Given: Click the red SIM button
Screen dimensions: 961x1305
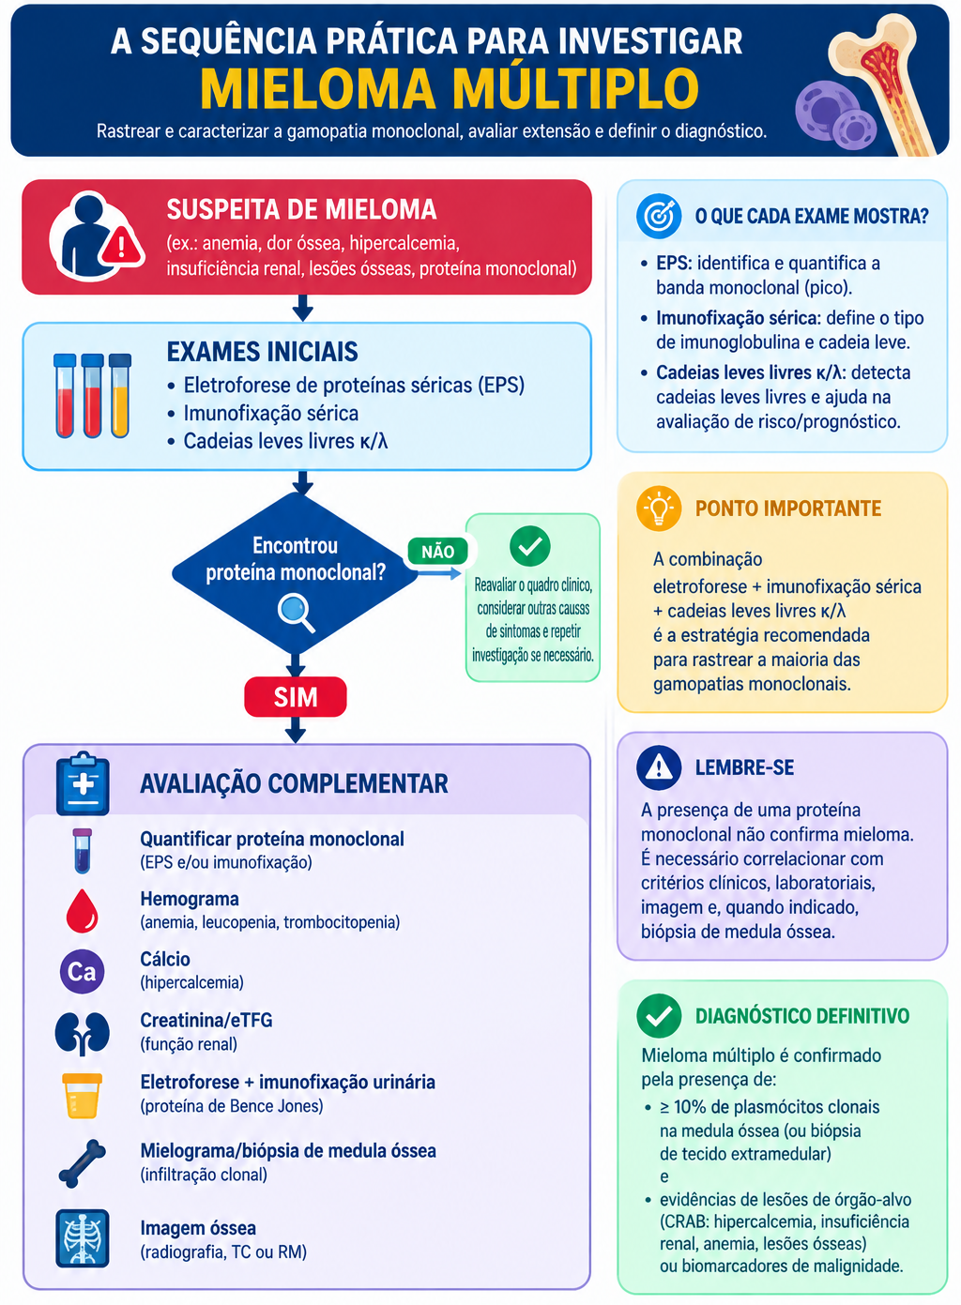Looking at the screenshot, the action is coord(296,697).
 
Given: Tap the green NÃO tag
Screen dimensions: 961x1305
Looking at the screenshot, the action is coord(437,551).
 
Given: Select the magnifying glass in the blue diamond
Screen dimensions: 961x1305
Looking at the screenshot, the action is coord(297,612).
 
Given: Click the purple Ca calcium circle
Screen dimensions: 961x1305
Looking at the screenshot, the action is coord(83,971).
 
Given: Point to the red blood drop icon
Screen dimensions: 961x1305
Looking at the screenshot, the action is coord(83,911).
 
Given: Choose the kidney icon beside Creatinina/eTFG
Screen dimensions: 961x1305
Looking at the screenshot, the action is coord(83,1034).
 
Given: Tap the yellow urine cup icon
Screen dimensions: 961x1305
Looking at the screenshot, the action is coord(83,1096).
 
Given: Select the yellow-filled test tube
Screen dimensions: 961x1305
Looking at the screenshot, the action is coord(119,396).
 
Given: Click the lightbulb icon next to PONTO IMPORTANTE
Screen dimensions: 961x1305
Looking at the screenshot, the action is coord(659,508).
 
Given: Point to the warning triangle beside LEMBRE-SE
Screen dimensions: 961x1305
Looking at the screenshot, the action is coord(659,767).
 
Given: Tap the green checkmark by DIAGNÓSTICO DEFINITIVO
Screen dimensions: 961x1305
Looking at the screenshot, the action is coord(659,1015).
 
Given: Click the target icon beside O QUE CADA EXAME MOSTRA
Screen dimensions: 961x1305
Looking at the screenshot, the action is coord(659,216).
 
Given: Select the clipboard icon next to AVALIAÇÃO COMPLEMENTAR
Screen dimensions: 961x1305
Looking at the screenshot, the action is coord(83,783).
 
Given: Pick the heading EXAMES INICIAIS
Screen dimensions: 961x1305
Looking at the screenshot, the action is coord(262,352).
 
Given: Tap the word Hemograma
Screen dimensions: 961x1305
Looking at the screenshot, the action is coord(190,899).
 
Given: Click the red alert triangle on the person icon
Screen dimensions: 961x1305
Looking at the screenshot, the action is coord(121,247).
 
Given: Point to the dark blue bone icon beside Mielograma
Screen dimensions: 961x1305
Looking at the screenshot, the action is coord(83,1164).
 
